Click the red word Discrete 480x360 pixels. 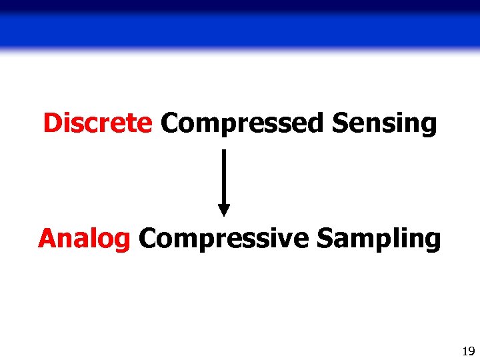coord(97,123)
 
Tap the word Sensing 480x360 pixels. coord(384,124)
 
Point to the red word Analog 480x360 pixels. coord(84,239)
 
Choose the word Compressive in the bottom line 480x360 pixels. coord(224,238)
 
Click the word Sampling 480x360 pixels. coord(378,239)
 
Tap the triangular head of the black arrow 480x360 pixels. coord(224,209)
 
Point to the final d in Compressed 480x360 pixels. coord(317,123)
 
